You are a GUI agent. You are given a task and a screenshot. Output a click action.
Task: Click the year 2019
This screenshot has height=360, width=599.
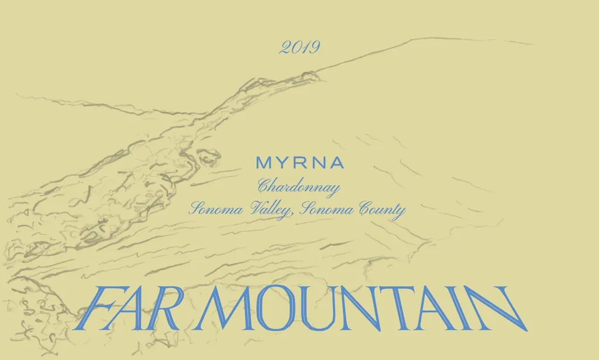click(299, 47)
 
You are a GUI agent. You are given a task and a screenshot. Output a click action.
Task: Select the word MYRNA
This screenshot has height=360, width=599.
click(299, 163)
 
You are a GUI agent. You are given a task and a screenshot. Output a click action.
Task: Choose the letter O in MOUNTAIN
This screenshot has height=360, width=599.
click(266, 308)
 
